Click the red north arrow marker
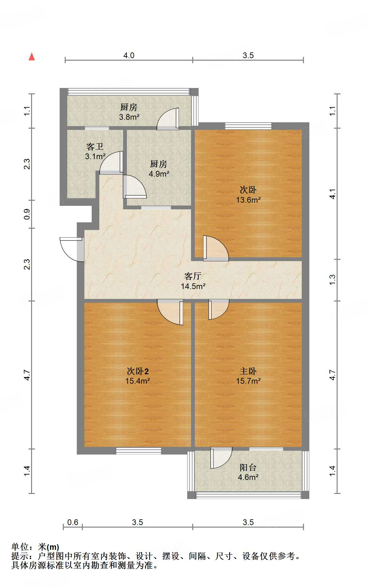pyautogui.click(x=32, y=57)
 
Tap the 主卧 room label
pyautogui.click(x=248, y=371)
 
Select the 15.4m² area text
pyautogui.click(x=137, y=381)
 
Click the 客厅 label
pyautogui.click(x=193, y=276)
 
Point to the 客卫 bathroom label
pyautogui.click(x=95, y=146)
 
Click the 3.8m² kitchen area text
pyautogui.click(x=129, y=117)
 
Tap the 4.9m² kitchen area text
pyautogui.click(x=159, y=174)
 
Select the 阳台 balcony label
pyautogui.click(x=248, y=467)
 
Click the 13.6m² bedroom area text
pyautogui.click(x=248, y=200)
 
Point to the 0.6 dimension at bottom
pyautogui.click(x=73, y=522)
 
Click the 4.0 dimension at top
pyautogui.click(x=129, y=55)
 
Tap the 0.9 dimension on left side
pyautogui.click(x=27, y=214)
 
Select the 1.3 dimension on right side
pyautogui.click(x=332, y=280)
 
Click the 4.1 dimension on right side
pyautogui.click(x=332, y=194)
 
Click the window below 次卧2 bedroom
pyautogui.click(x=138, y=450)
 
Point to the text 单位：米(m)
pyautogui.click(x=35, y=547)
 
